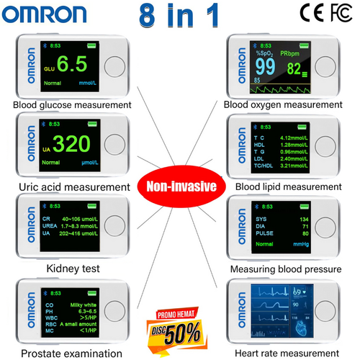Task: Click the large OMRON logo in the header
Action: click(x=50, y=15)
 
